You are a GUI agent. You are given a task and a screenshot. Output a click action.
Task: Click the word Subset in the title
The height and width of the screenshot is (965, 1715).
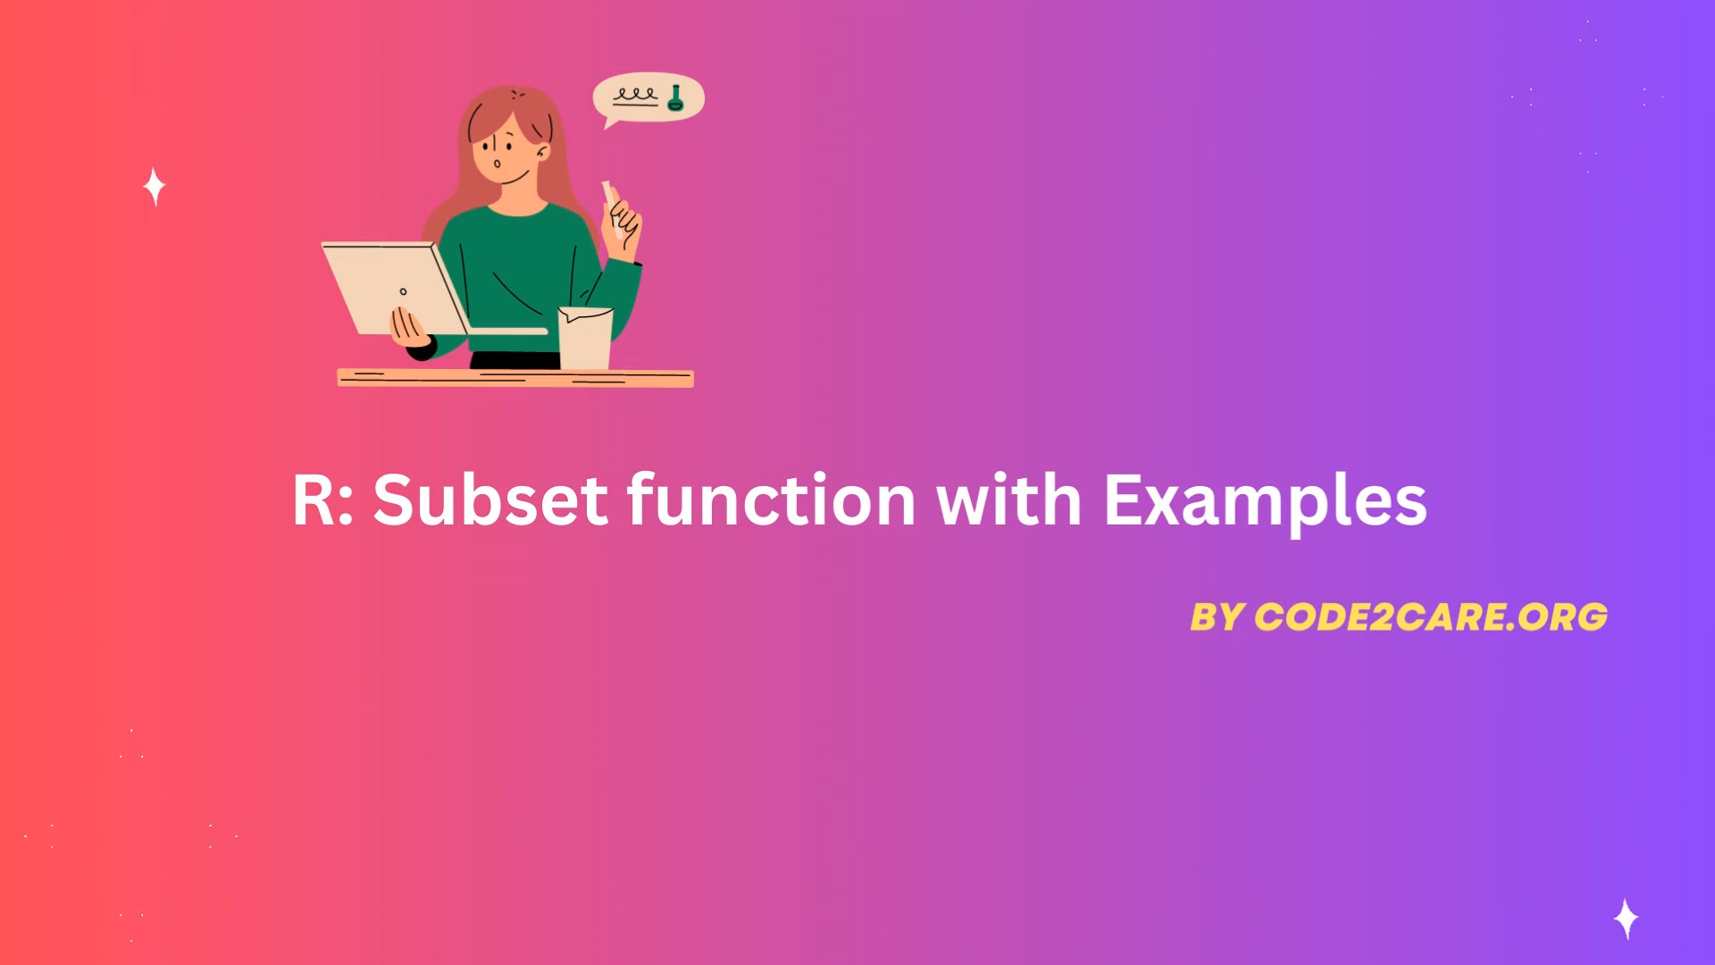490,499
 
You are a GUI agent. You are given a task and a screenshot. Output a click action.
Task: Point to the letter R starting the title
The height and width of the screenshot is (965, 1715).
313,500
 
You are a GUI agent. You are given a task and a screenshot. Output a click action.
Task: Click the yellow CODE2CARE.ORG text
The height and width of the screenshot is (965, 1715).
1431,617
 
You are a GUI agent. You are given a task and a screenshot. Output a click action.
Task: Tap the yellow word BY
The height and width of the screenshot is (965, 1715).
1217,617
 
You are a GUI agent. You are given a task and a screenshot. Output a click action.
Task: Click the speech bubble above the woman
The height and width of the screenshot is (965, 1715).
648,97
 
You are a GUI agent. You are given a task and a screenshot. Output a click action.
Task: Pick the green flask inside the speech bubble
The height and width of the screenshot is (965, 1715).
675,98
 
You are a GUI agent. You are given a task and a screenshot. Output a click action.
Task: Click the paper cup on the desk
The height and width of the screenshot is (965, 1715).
585,338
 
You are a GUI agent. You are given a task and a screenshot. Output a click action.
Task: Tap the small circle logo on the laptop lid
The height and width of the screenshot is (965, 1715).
403,291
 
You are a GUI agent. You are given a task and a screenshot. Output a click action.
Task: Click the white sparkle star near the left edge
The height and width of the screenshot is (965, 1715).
155,187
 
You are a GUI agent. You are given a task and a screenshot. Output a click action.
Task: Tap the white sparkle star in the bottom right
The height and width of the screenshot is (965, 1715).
1627,919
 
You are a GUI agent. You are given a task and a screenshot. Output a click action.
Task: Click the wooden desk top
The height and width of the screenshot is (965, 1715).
515,378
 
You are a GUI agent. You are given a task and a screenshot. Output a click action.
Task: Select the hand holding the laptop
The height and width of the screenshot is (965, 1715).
409,328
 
